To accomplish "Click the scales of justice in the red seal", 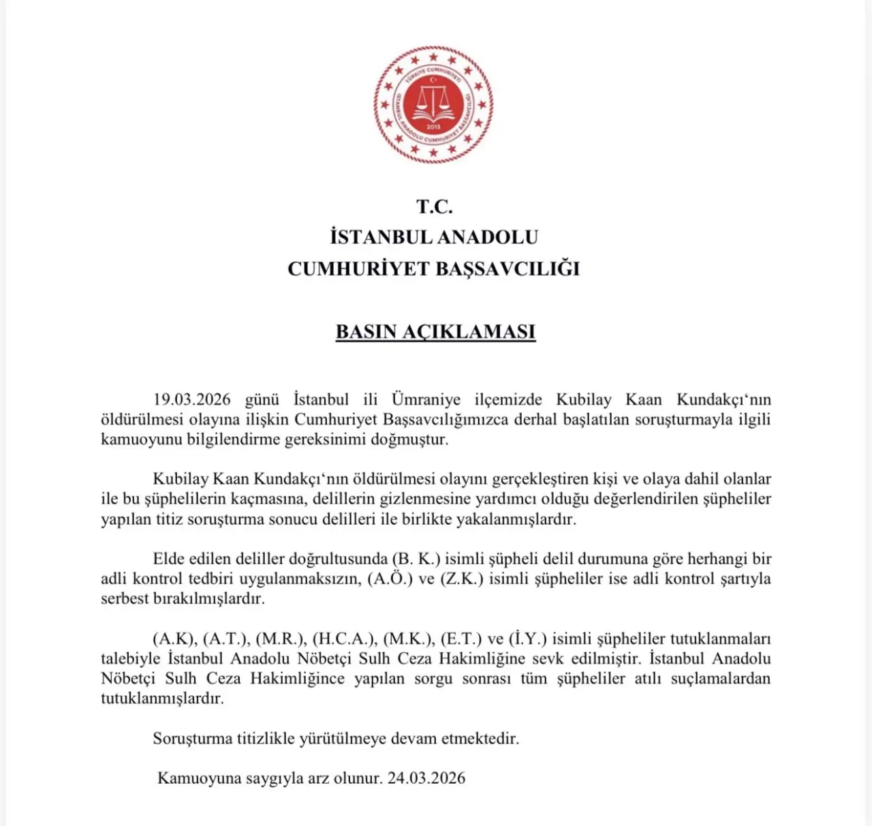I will pos(433,104).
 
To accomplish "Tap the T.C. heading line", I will pos(435,206).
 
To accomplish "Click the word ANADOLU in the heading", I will pos(487,237).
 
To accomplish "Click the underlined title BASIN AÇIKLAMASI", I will pos(435,332).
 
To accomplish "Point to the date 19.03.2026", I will pos(192,399).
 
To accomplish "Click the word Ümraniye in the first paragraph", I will pos(426,399).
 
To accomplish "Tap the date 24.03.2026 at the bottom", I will pos(426,778).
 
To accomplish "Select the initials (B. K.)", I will pos(417,560).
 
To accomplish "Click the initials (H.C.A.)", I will pos(344,639).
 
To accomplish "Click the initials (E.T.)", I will pos(461,639).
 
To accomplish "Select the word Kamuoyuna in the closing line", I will pos(196,778).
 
